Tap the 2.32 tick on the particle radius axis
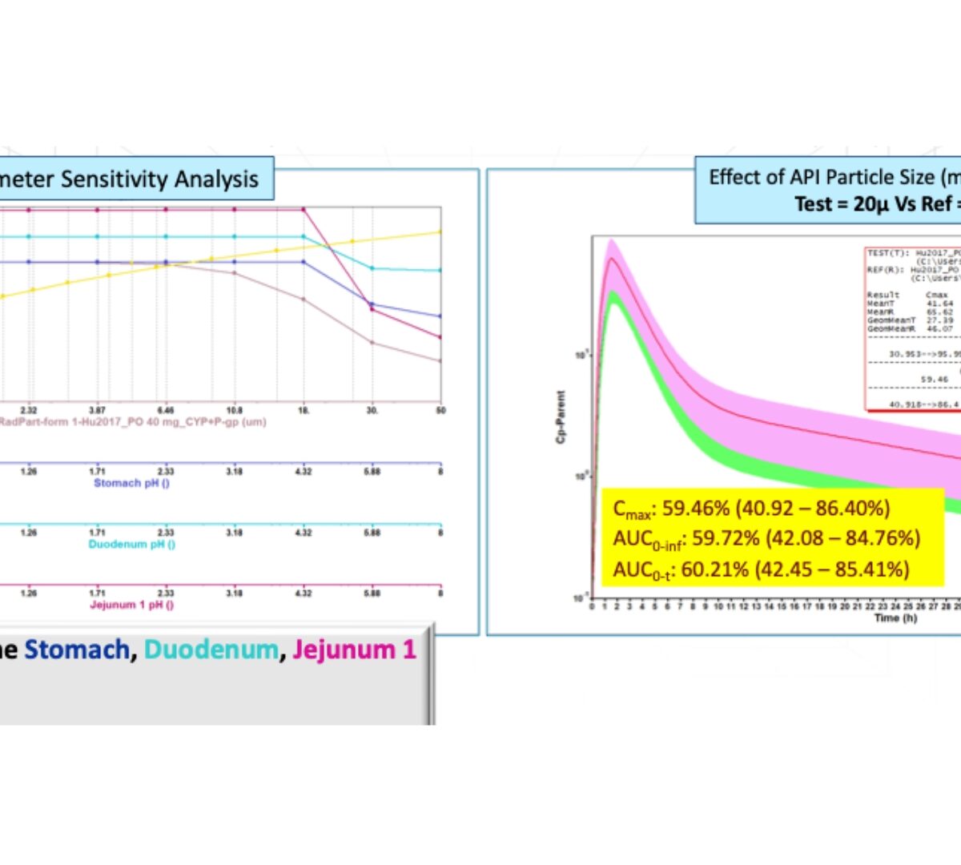pyautogui.click(x=29, y=410)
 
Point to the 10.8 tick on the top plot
pyautogui.click(x=234, y=410)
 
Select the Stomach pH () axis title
pyautogui.click(x=131, y=483)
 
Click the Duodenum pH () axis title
pyautogui.click(x=131, y=544)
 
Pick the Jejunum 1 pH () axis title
pyautogui.click(x=131, y=605)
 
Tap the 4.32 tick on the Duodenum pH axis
pyautogui.click(x=303, y=533)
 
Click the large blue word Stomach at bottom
pyautogui.click(x=77, y=650)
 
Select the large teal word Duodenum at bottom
pyautogui.click(x=211, y=650)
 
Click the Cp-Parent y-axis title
pyautogui.click(x=561, y=416)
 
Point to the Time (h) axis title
pyautogui.click(x=895, y=618)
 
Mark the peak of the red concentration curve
pyautogui.click(x=613, y=258)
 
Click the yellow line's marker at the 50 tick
pyautogui.click(x=440, y=232)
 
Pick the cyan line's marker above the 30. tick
pyautogui.click(x=372, y=268)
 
